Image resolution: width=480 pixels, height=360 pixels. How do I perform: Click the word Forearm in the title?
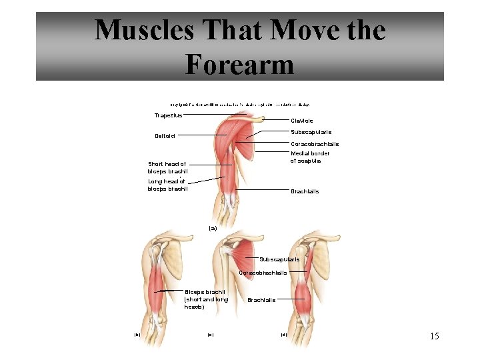(239, 64)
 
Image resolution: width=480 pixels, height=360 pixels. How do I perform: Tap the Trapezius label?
(167, 115)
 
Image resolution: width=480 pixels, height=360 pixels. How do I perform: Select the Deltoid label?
(165, 137)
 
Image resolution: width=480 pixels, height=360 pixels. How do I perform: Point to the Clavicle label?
(302, 121)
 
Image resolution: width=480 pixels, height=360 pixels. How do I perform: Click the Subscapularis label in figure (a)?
(311, 132)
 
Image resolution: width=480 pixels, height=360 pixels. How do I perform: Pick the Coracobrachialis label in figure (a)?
(315, 144)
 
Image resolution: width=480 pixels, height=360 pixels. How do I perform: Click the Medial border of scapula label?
(310, 157)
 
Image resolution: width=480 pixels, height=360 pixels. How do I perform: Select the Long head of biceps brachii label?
(167, 185)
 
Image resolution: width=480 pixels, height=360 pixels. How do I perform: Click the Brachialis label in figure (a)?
(305, 191)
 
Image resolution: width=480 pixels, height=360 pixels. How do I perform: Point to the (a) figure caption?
(213, 228)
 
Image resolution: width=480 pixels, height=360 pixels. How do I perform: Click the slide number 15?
(434, 336)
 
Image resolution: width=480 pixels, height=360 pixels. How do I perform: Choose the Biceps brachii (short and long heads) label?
(205, 299)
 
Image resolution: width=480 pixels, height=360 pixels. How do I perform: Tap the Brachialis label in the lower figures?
(261, 300)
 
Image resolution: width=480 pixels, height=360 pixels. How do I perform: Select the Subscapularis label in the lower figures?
(279, 259)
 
